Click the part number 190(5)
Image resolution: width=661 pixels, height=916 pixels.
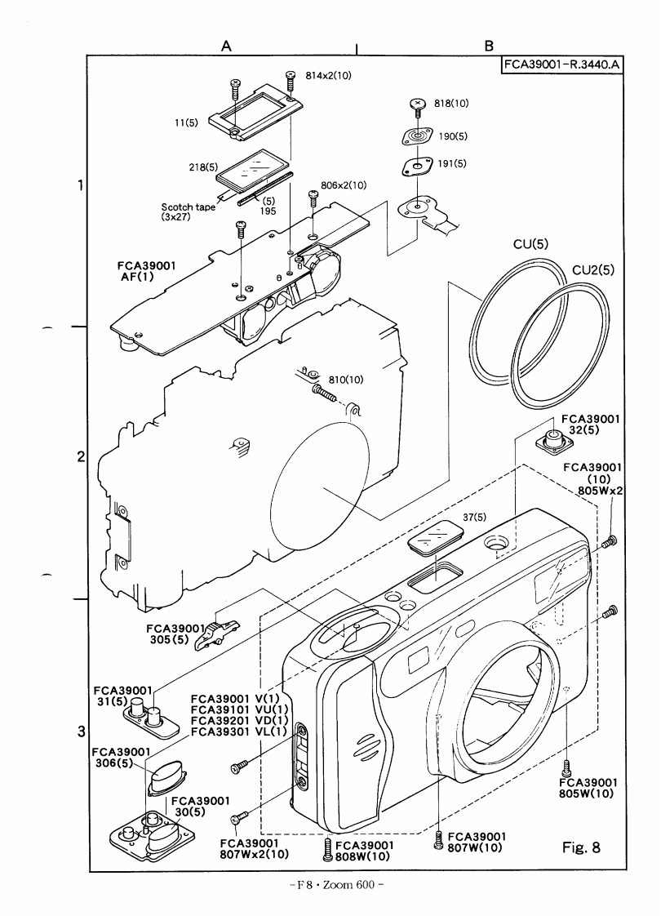(x=452, y=136)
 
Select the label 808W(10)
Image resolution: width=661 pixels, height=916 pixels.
(x=362, y=856)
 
